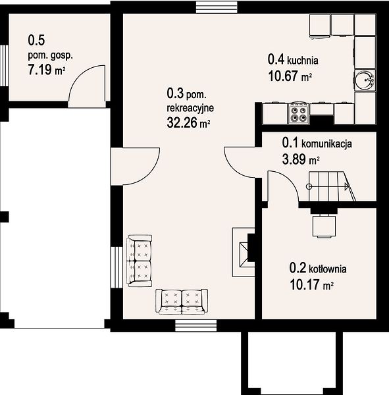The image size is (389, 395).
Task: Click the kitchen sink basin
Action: pos(364,80)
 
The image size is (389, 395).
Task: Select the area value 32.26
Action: pos(182,123)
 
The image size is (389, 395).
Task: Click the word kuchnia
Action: pos(303,61)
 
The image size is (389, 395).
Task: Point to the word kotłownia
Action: pos(328,269)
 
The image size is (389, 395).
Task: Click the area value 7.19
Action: pos(39,70)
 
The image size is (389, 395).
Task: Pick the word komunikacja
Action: pos(326,144)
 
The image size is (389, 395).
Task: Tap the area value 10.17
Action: pos(305,284)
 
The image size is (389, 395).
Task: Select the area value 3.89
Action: pos(294,159)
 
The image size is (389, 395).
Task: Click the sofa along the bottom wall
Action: pos(182,302)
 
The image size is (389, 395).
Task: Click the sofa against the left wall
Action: pos(140,261)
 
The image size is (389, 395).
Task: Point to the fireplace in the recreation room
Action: pos(244,252)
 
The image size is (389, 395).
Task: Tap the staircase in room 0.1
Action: pos(332,186)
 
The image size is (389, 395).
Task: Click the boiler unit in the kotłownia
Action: pos(324,226)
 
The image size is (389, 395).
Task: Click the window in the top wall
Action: pos(217,7)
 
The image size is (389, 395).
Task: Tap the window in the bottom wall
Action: pos(196,325)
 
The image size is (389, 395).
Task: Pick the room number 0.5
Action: pos(36,40)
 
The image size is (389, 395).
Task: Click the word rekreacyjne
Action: pos(190,108)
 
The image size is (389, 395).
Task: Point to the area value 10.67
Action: pos(283,76)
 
